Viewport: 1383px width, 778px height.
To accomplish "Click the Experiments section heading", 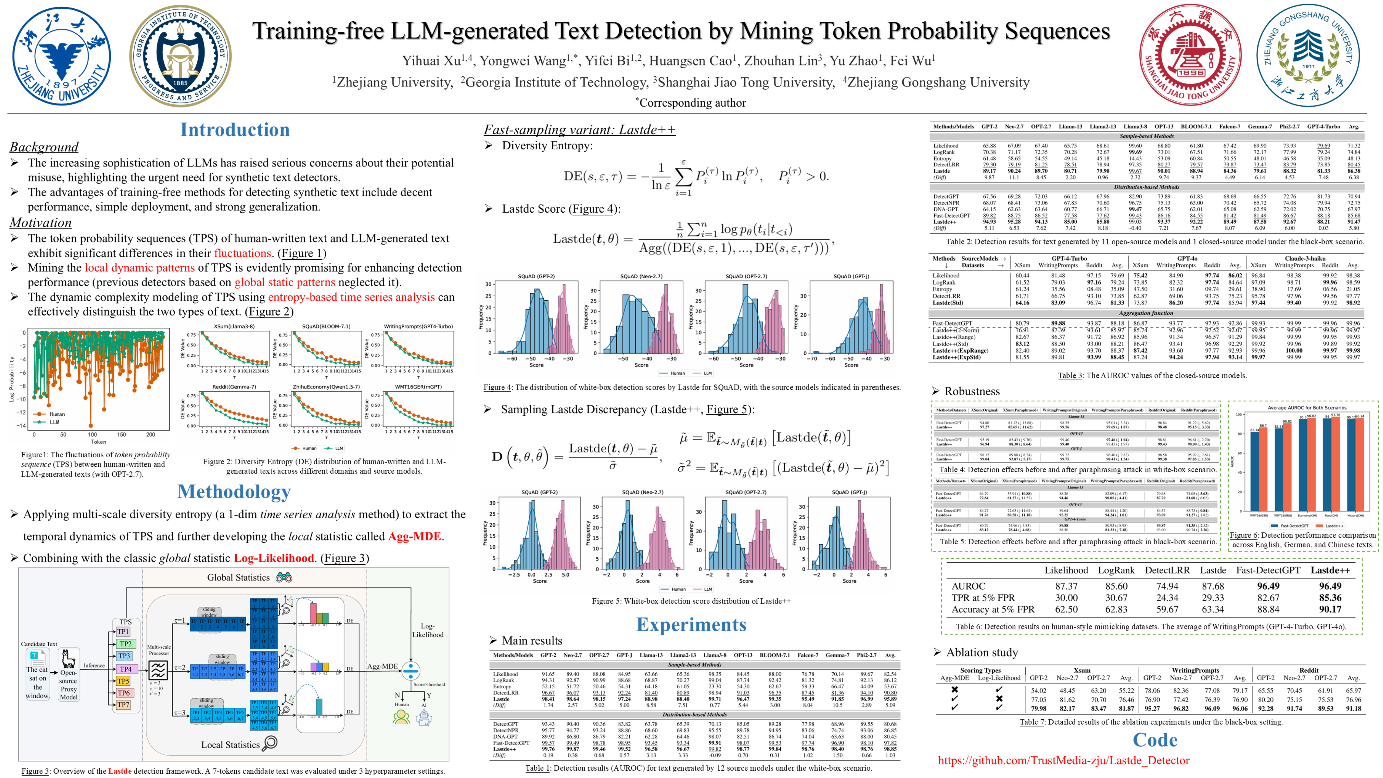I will [x=691, y=625].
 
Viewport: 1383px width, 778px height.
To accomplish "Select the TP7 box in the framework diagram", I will [x=123, y=705].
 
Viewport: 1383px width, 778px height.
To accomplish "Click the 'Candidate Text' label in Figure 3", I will [x=39, y=644].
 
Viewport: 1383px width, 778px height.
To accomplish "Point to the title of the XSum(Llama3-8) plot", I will [x=234, y=326].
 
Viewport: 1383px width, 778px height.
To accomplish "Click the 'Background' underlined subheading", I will [x=44, y=147].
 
